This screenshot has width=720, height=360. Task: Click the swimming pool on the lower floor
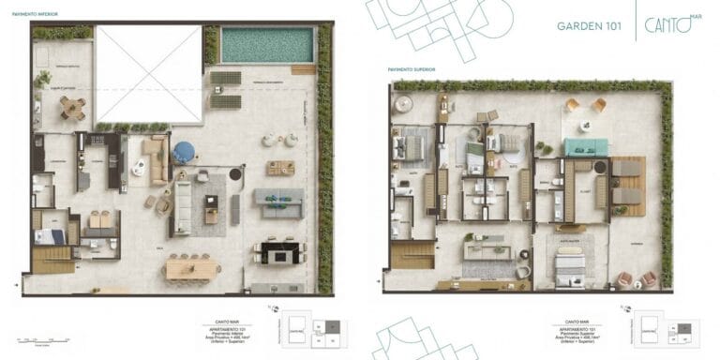coord(265,44)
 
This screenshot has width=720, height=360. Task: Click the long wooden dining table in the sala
coord(192,269)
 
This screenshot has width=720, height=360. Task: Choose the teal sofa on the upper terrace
coord(586,147)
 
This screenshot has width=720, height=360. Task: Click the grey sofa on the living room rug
coord(182,207)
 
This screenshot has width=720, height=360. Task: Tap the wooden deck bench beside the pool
coord(304,68)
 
